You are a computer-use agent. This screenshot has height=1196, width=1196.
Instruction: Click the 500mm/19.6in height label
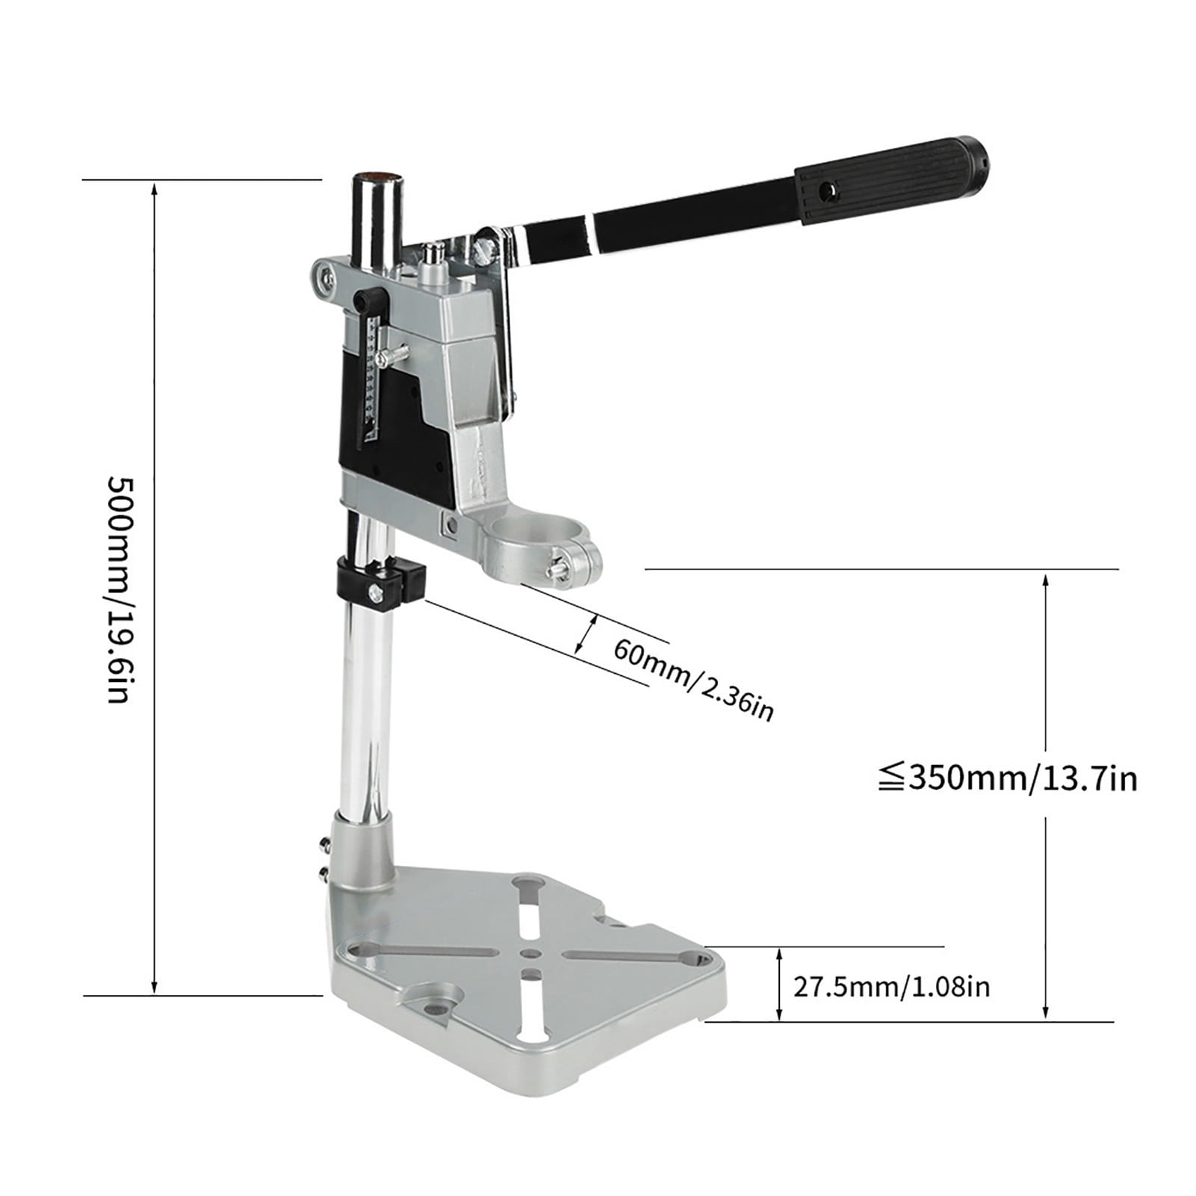[120, 590]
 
